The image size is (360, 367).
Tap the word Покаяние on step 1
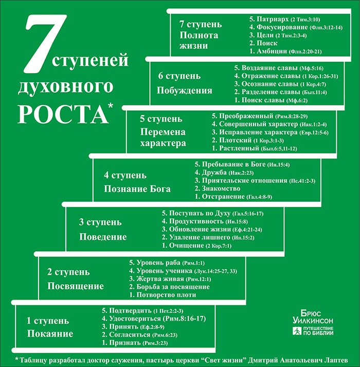[50, 334]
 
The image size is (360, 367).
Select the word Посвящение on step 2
[76, 286]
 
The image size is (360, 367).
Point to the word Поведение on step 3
[103, 237]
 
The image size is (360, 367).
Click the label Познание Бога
[137, 189]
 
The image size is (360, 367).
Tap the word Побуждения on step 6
[184, 91]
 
